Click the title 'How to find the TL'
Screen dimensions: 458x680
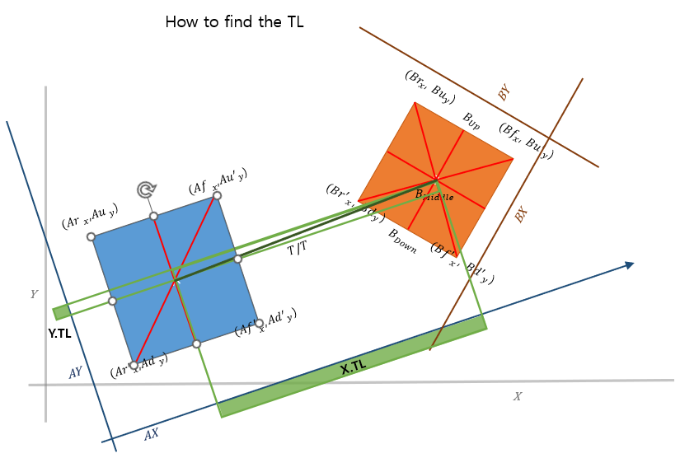(235, 22)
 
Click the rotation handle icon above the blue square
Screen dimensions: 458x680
(147, 190)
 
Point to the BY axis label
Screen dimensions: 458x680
(504, 92)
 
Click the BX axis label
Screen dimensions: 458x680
(520, 215)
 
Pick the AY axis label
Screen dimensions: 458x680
(75, 373)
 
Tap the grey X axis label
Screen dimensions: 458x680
(518, 396)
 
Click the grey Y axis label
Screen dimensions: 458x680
(34, 294)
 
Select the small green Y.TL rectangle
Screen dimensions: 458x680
(61, 312)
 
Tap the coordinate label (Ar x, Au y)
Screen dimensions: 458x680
(90, 217)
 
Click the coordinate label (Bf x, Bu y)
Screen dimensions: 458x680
(526, 140)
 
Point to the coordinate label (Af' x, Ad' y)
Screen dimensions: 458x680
(265, 323)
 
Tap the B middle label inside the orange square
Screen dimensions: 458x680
(434, 194)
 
